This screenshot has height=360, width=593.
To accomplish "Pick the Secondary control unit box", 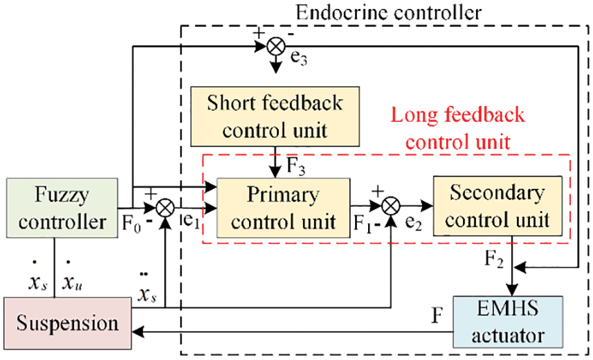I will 496,206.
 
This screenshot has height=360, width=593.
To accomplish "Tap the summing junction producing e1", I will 165,206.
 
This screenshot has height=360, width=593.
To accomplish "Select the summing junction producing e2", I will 391,206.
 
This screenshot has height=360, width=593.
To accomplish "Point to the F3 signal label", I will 296,168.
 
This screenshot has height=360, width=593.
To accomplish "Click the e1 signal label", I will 193,224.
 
